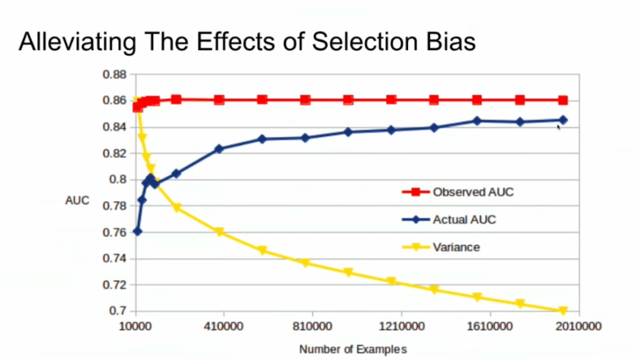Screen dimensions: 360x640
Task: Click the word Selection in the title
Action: [359, 42]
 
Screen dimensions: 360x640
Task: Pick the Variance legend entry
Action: [456, 247]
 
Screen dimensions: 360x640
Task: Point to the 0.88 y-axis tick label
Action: [115, 74]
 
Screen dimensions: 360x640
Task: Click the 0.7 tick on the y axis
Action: [119, 311]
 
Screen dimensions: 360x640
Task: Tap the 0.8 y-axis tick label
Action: [119, 179]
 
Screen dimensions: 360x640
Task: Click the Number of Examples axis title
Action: [352, 349]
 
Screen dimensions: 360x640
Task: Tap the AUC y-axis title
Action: [77, 201]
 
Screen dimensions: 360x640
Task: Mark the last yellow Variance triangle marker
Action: [563, 311]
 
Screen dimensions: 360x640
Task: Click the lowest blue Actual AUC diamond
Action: [137, 231]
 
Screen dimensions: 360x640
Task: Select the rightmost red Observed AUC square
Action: [563, 100]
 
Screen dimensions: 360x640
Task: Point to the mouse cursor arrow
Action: [559, 126]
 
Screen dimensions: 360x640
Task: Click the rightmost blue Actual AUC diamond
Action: [563, 119]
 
